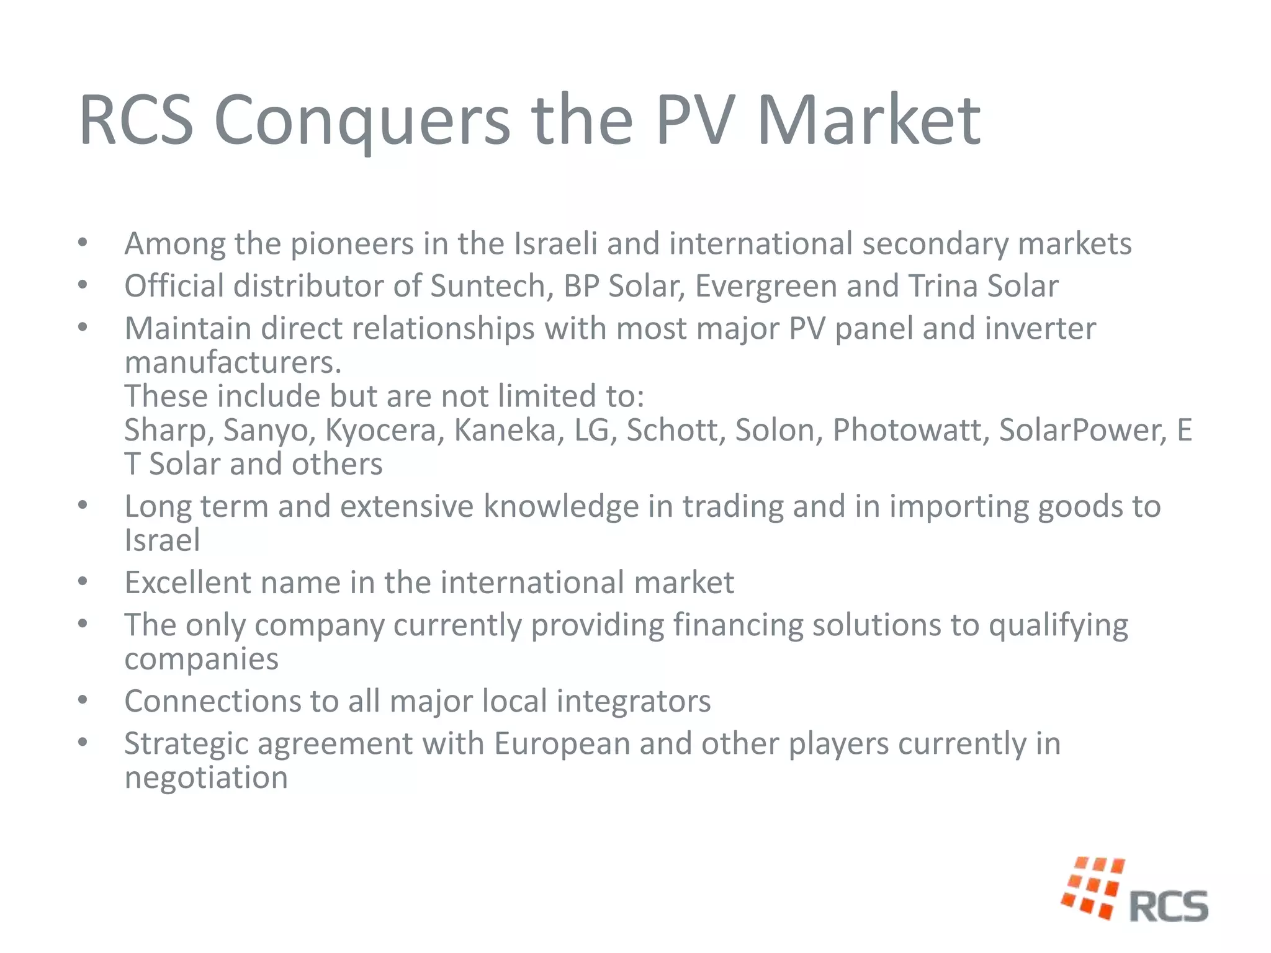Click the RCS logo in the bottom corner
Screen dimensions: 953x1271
[1135, 890]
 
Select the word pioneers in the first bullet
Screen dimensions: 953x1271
[352, 244]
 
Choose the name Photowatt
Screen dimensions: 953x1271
[910, 430]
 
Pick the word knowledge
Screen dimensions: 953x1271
[561, 506]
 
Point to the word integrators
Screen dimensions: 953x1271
[634, 702]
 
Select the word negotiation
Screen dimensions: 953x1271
[206, 778]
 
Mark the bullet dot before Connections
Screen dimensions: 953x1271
[83, 700]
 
